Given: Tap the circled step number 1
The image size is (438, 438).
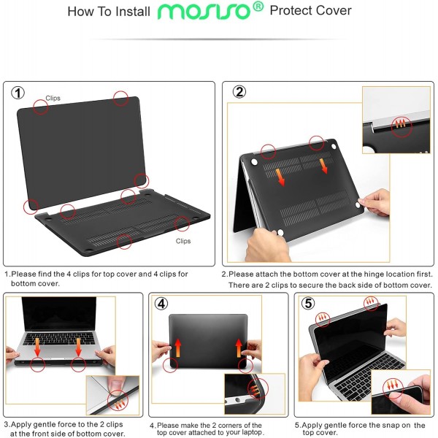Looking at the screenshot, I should pos(19,93).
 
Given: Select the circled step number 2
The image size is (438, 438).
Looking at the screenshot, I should pos(238,92).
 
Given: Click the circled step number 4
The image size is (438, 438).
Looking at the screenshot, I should pos(162,303).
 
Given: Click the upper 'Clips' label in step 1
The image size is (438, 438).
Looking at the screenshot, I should pos(53,97).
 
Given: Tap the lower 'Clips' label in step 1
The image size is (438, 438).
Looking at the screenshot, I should pos(182,240).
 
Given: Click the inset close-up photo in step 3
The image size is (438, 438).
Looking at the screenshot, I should pos(112,396).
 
